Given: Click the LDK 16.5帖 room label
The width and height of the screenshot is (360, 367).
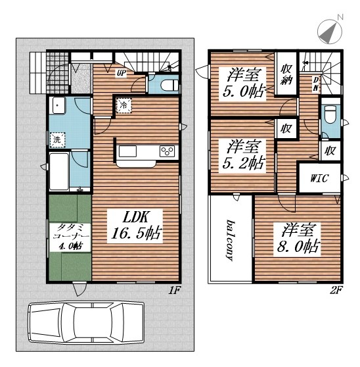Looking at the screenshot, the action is click(x=136, y=226).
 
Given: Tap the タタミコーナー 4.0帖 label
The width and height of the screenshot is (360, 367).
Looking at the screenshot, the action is click(x=70, y=237).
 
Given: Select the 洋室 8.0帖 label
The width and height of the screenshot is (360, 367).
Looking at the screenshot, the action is click(x=298, y=238).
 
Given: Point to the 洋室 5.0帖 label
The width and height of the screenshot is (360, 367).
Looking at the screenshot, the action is click(x=244, y=83).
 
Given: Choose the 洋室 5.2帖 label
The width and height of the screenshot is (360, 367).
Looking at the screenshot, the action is click(x=244, y=155).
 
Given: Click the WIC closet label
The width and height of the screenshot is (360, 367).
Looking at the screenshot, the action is click(x=319, y=178).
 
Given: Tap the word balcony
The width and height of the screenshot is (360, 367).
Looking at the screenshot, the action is click(x=231, y=240).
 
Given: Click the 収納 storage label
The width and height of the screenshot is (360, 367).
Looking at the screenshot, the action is click(x=286, y=74).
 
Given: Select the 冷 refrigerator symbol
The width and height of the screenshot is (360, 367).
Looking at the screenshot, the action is click(x=124, y=105).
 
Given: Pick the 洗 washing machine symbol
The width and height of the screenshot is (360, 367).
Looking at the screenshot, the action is click(x=57, y=139).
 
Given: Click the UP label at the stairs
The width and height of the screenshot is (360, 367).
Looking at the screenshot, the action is click(x=122, y=73).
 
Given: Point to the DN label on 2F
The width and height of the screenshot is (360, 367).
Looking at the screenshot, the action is click(x=316, y=84).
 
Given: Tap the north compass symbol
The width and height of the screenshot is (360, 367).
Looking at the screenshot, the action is click(x=330, y=30).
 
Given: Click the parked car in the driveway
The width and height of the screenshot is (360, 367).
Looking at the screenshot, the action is click(x=86, y=322).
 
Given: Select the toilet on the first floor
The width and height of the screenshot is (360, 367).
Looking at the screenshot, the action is click(x=169, y=85).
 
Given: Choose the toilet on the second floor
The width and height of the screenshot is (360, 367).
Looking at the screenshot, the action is click(x=330, y=114).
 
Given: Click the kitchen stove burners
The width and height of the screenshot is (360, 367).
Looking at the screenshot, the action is click(x=167, y=151).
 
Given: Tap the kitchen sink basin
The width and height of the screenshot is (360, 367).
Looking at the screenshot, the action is click(x=127, y=151).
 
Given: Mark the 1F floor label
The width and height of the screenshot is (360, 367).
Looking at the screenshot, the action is click(x=174, y=291).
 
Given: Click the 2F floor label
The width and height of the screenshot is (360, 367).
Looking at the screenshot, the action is click(x=336, y=291).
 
